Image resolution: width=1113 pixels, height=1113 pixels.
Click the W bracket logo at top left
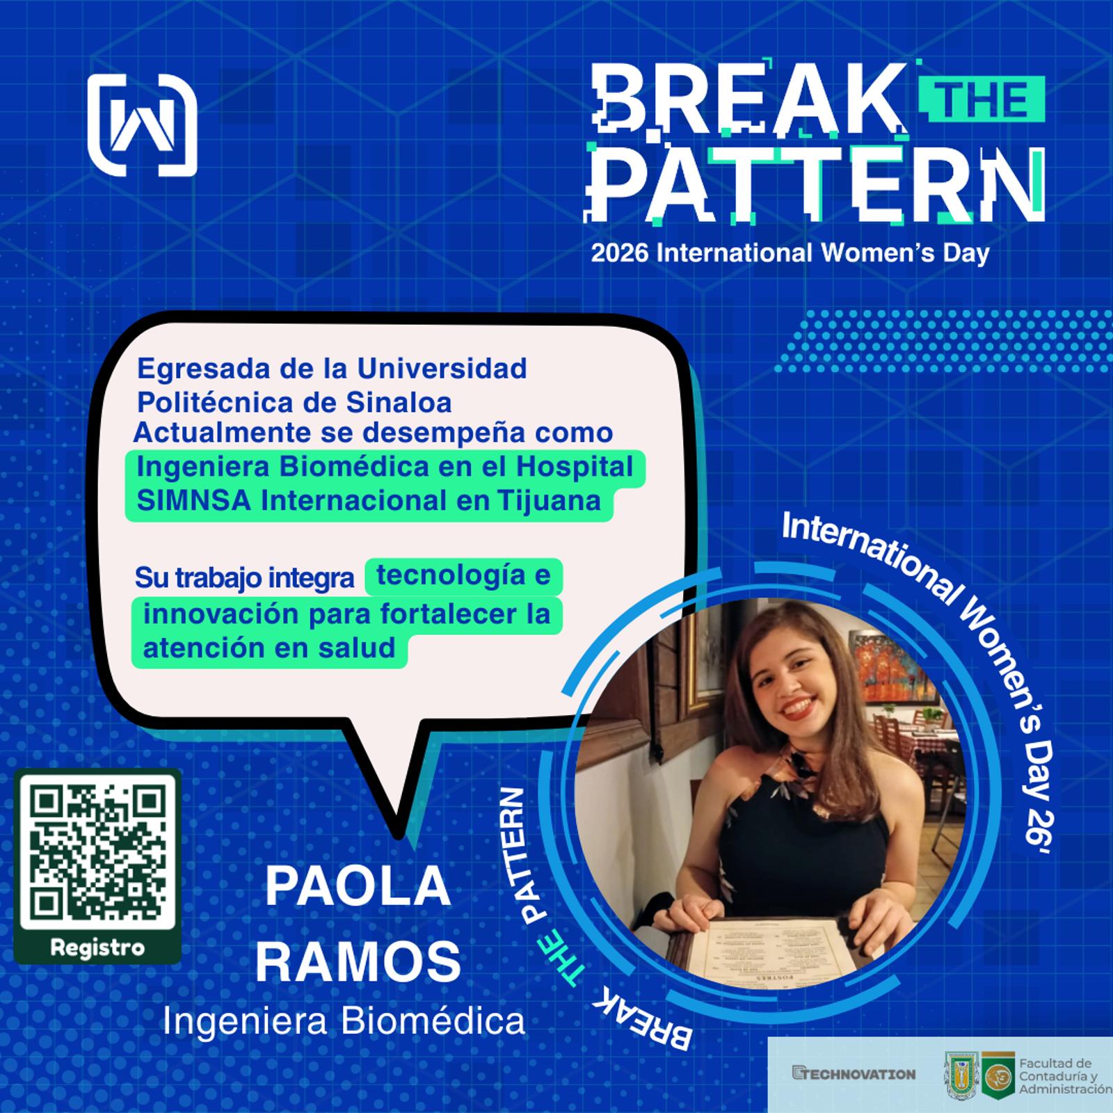point(143,125)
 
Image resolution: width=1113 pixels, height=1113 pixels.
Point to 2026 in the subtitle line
point(620,253)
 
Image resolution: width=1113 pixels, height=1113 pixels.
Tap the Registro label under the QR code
point(97,947)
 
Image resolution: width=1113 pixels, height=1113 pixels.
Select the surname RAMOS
point(358,961)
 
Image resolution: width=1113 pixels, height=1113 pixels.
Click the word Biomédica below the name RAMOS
point(434,1022)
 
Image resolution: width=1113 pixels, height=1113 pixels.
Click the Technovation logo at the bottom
point(854,1074)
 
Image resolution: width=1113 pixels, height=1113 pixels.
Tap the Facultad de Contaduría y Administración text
point(1065,1075)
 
